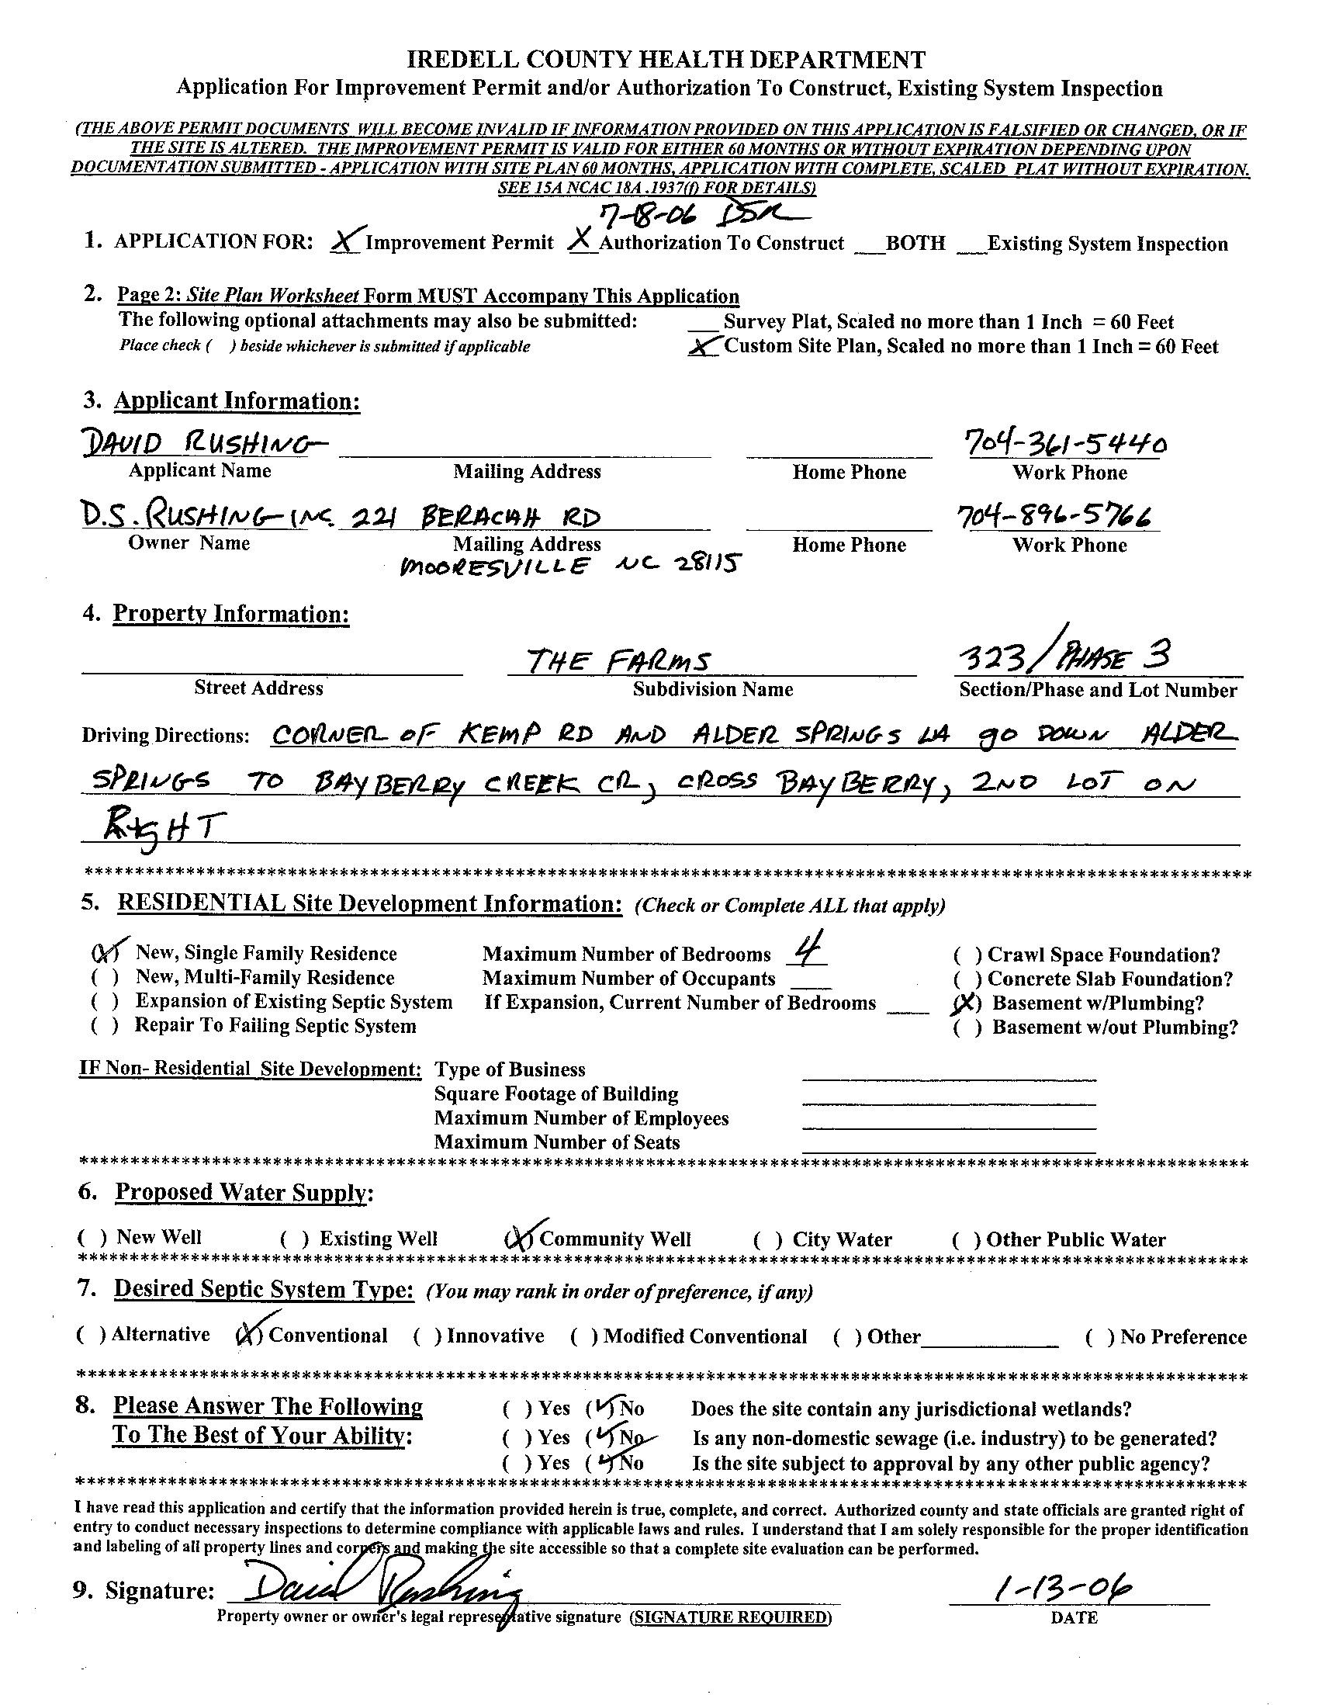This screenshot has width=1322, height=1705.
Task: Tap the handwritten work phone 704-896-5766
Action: [1057, 515]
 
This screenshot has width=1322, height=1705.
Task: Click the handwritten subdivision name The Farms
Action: [618, 662]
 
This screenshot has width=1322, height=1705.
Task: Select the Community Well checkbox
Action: [519, 1238]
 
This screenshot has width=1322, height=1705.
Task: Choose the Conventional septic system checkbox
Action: [249, 1335]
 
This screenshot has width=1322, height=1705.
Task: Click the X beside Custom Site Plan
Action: [704, 347]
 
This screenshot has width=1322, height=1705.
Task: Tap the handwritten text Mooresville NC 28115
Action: [569, 564]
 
